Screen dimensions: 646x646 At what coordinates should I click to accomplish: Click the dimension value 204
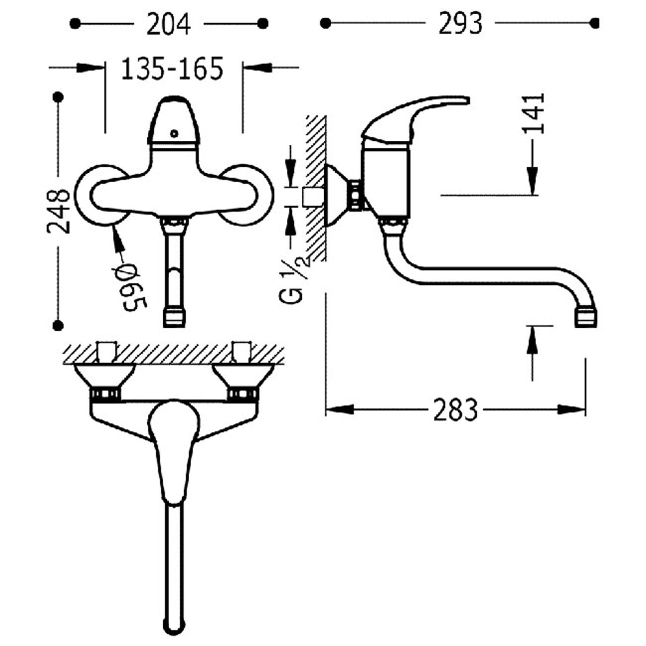[x=168, y=24]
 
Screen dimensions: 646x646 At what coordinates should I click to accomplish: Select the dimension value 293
[x=460, y=23]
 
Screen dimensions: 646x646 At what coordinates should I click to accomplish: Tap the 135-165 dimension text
[x=172, y=68]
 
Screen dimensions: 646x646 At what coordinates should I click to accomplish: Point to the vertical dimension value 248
[x=59, y=211]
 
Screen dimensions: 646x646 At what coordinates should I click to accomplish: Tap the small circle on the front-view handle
[x=174, y=133]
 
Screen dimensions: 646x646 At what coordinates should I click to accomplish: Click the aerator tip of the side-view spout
[x=587, y=317]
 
